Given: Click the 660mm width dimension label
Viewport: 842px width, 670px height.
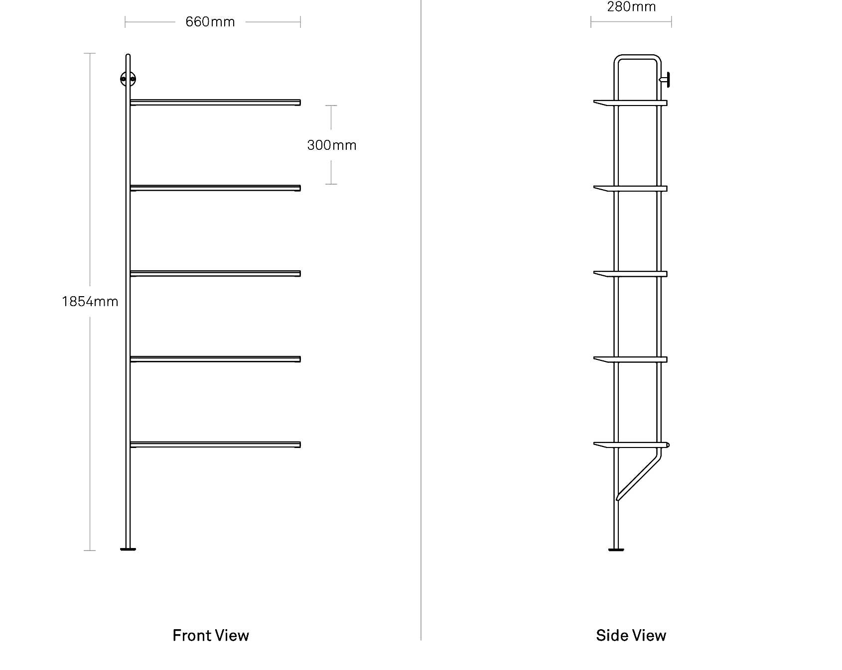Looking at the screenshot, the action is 210,22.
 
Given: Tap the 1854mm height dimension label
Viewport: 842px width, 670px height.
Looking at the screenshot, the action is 90,302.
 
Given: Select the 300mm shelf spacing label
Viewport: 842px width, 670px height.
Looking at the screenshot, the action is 332,145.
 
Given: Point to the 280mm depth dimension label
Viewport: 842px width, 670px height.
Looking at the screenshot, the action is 631,6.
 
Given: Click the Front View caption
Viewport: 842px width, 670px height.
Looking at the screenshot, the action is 211,636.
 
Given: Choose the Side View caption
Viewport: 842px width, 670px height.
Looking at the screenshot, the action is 631,636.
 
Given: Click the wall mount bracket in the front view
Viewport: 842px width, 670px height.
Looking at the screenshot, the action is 128,79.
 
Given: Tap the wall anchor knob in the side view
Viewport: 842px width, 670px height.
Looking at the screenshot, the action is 665,79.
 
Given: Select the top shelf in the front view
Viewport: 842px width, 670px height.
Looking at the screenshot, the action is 215,103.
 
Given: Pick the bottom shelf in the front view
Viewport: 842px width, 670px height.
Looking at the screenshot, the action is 215,445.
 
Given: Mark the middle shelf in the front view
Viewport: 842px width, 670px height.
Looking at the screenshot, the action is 215,274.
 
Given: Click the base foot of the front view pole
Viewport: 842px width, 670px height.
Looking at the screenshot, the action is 128,549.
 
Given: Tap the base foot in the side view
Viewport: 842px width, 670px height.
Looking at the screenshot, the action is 616,549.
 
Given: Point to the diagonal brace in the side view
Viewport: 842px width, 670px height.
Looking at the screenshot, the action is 639,474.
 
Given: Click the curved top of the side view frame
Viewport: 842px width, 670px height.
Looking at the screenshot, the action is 638,57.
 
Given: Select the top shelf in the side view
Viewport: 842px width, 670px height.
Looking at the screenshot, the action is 630,103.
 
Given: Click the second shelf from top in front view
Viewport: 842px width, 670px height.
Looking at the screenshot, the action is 215,188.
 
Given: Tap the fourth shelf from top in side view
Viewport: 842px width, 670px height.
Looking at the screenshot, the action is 630,359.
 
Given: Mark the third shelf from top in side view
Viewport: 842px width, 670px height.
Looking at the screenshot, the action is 630,274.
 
